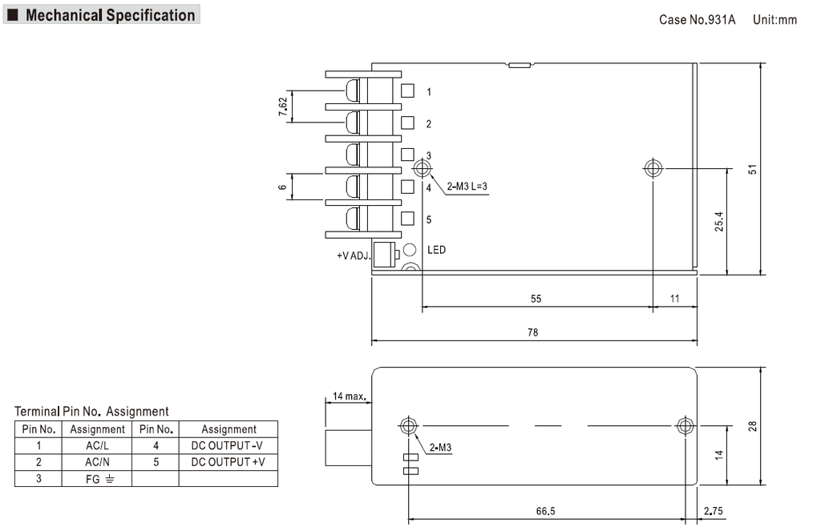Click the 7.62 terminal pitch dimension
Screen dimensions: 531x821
coord(282,107)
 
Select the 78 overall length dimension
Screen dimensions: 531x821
coord(533,332)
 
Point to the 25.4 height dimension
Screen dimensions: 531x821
coord(718,222)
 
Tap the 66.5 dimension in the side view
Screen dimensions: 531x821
coord(546,511)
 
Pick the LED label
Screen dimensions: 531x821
coord(436,250)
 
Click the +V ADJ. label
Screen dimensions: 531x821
coord(354,256)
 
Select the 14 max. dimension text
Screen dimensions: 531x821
coord(350,396)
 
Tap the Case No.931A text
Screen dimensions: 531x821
coord(697,19)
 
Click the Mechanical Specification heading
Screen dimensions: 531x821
coord(110,15)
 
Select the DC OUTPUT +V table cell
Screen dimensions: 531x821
coord(228,462)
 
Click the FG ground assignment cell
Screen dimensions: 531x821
coord(97,479)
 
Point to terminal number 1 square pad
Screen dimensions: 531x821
coord(407,91)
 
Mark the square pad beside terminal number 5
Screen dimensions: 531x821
coord(407,218)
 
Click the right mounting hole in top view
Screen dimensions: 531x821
coord(653,168)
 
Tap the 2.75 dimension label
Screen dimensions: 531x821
coord(712,511)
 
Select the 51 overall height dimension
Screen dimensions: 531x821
coord(752,169)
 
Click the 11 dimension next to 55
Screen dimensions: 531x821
coord(674,299)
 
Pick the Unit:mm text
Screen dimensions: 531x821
coord(774,19)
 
